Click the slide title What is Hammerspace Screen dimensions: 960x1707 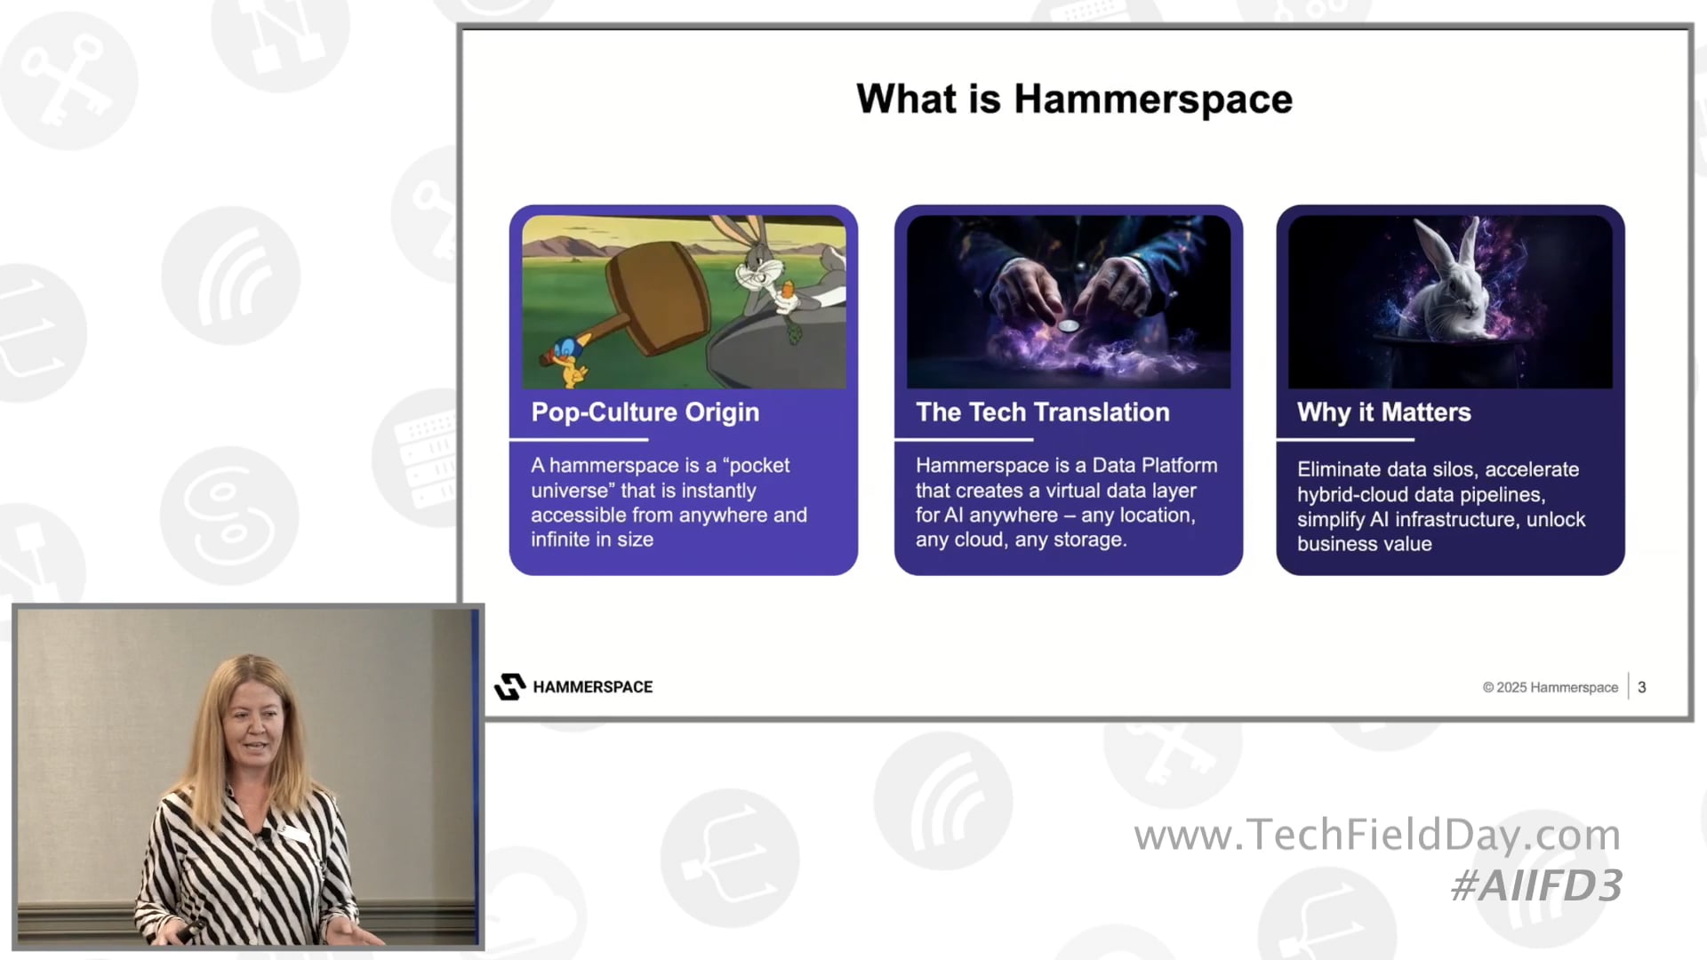click(1073, 99)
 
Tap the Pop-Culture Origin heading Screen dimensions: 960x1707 click(645, 412)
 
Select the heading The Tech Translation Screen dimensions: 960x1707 click(1042, 412)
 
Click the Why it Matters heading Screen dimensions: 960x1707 click(1383, 412)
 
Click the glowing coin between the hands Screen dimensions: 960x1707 click(1069, 326)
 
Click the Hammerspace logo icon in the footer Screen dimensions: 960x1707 click(509, 686)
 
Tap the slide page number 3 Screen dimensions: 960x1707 click(1641, 687)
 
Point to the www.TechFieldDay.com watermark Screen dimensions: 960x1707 click(1376, 835)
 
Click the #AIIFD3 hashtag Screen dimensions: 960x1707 click(1536, 885)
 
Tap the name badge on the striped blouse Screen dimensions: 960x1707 click(293, 833)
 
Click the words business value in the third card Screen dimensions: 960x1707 click(1364, 544)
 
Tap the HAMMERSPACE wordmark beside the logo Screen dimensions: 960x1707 click(592, 687)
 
